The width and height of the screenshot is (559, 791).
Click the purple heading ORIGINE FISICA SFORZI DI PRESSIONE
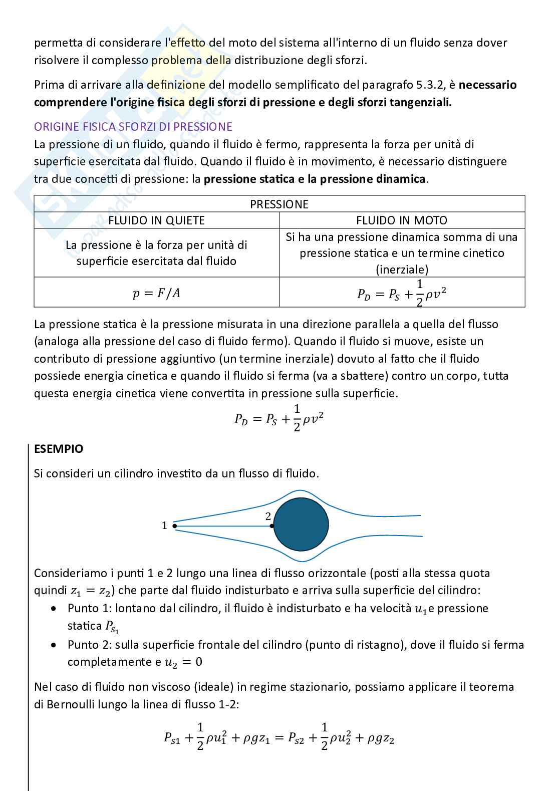click(133, 127)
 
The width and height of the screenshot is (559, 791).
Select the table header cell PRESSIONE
click(279, 204)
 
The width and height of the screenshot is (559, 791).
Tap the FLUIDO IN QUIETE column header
click(156, 220)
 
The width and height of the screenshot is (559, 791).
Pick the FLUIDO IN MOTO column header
click(402, 220)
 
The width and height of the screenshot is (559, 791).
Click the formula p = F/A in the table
click(156, 293)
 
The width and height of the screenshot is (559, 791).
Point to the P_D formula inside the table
click(402, 293)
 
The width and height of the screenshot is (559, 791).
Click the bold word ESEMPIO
click(59, 449)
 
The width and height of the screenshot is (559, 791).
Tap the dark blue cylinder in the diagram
click(301, 524)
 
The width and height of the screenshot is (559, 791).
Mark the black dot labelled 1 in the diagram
click(174, 525)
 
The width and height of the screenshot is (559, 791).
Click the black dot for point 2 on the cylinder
click(272, 525)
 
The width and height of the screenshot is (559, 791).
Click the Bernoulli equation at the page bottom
click(279, 737)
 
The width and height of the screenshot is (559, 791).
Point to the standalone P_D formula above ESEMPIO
click(279, 418)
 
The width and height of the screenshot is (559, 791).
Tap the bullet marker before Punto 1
click(54, 609)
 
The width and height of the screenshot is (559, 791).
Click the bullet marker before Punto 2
click(54, 645)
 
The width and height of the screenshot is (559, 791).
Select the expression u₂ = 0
click(183, 662)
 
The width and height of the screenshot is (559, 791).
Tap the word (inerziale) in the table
click(402, 270)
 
